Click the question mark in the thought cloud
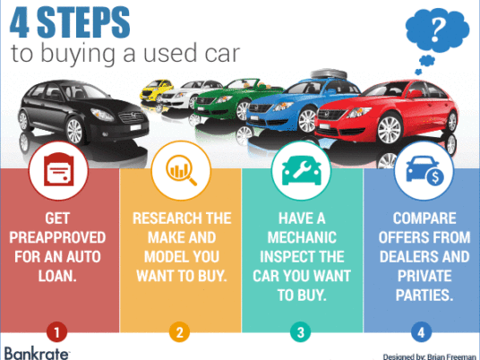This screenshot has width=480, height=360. pos(437,30)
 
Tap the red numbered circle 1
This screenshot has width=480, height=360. pos(57,332)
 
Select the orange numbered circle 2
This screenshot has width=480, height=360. pos(180,332)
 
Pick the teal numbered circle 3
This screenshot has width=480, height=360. pos(301,332)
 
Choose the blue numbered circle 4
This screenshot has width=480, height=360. pos(421,332)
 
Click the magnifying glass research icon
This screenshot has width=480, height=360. pos(181,170)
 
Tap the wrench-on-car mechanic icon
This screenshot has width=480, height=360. pos(302,171)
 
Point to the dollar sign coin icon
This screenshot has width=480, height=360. pos(435,177)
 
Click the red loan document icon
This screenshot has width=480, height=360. pos(59,169)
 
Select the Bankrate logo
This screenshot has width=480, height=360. pos(37,354)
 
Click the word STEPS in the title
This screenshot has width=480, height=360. pos(83,22)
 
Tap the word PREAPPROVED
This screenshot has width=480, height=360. pos(57,237)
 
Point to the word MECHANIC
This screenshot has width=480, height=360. pos(302,237)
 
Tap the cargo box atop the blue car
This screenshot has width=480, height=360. pos(329,73)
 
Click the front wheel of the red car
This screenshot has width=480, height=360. pos(389,129)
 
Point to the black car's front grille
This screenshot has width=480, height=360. pos(132,117)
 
